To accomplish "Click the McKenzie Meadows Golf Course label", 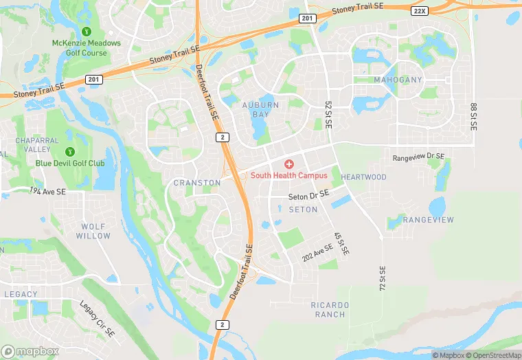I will click(x=86, y=48).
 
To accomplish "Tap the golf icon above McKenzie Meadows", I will click(x=87, y=32).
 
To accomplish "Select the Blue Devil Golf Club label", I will click(x=70, y=164).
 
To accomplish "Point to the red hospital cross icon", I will click(x=289, y=164).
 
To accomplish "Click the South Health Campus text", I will click(x=288, y=175).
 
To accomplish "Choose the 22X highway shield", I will click(x=420, y=12).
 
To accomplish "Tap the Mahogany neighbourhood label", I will click(x=398, y=80).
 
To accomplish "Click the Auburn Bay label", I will click(x=261, y=110).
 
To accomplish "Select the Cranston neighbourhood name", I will click(x=197, y=183).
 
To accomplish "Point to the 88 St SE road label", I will click(x=473, y=117).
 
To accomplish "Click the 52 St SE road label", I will click(x=328, y=115).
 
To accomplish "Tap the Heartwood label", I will click(x=363, y=177).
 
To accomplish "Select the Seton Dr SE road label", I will click(x=309, y=196).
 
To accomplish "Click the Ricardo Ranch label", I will click(x=328, y=309).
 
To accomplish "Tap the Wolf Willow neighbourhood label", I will click(x=93, y=231).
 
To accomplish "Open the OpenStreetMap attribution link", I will click(x=493, y=355).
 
